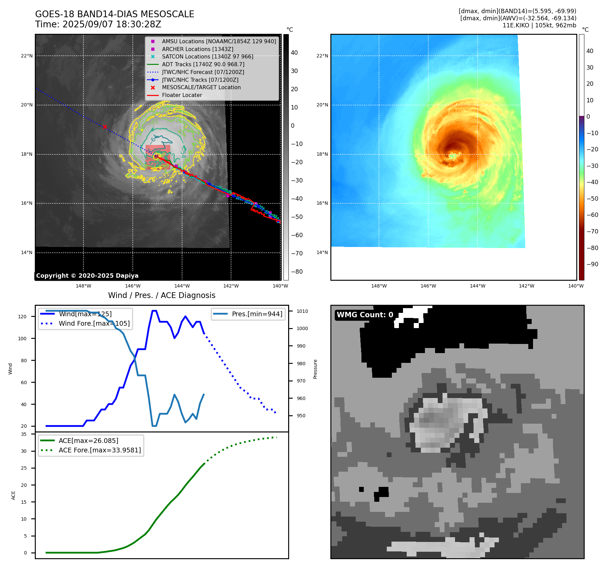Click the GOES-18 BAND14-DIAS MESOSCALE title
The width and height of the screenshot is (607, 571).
(115, 14)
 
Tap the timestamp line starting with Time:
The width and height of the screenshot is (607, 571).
(98, 25)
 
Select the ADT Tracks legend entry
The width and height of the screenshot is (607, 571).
(203, 64)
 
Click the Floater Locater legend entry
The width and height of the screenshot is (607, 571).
(182, 95)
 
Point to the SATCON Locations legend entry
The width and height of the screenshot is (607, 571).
(207, 57)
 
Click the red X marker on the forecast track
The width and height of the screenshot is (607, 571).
(105, 127)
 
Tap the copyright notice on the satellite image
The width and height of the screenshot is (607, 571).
(87, 276)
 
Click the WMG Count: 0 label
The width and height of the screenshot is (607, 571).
(365, 315)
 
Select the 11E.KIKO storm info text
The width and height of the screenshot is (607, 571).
(539, 25)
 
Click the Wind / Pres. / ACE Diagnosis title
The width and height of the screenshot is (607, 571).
(161, 295)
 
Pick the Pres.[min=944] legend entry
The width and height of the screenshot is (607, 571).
(257, 314)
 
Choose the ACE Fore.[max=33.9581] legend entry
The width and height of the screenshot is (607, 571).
(100, 450)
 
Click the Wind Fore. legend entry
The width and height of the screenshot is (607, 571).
(94, 323)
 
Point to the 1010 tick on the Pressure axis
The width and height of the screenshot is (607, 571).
(302, 311)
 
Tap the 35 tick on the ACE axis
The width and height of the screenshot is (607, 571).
(24, 434)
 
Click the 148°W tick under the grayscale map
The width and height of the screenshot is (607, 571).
(83, 286)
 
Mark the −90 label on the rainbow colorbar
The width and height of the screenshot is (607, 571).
(592, 264)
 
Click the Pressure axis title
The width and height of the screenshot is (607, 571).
(315, 369)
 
